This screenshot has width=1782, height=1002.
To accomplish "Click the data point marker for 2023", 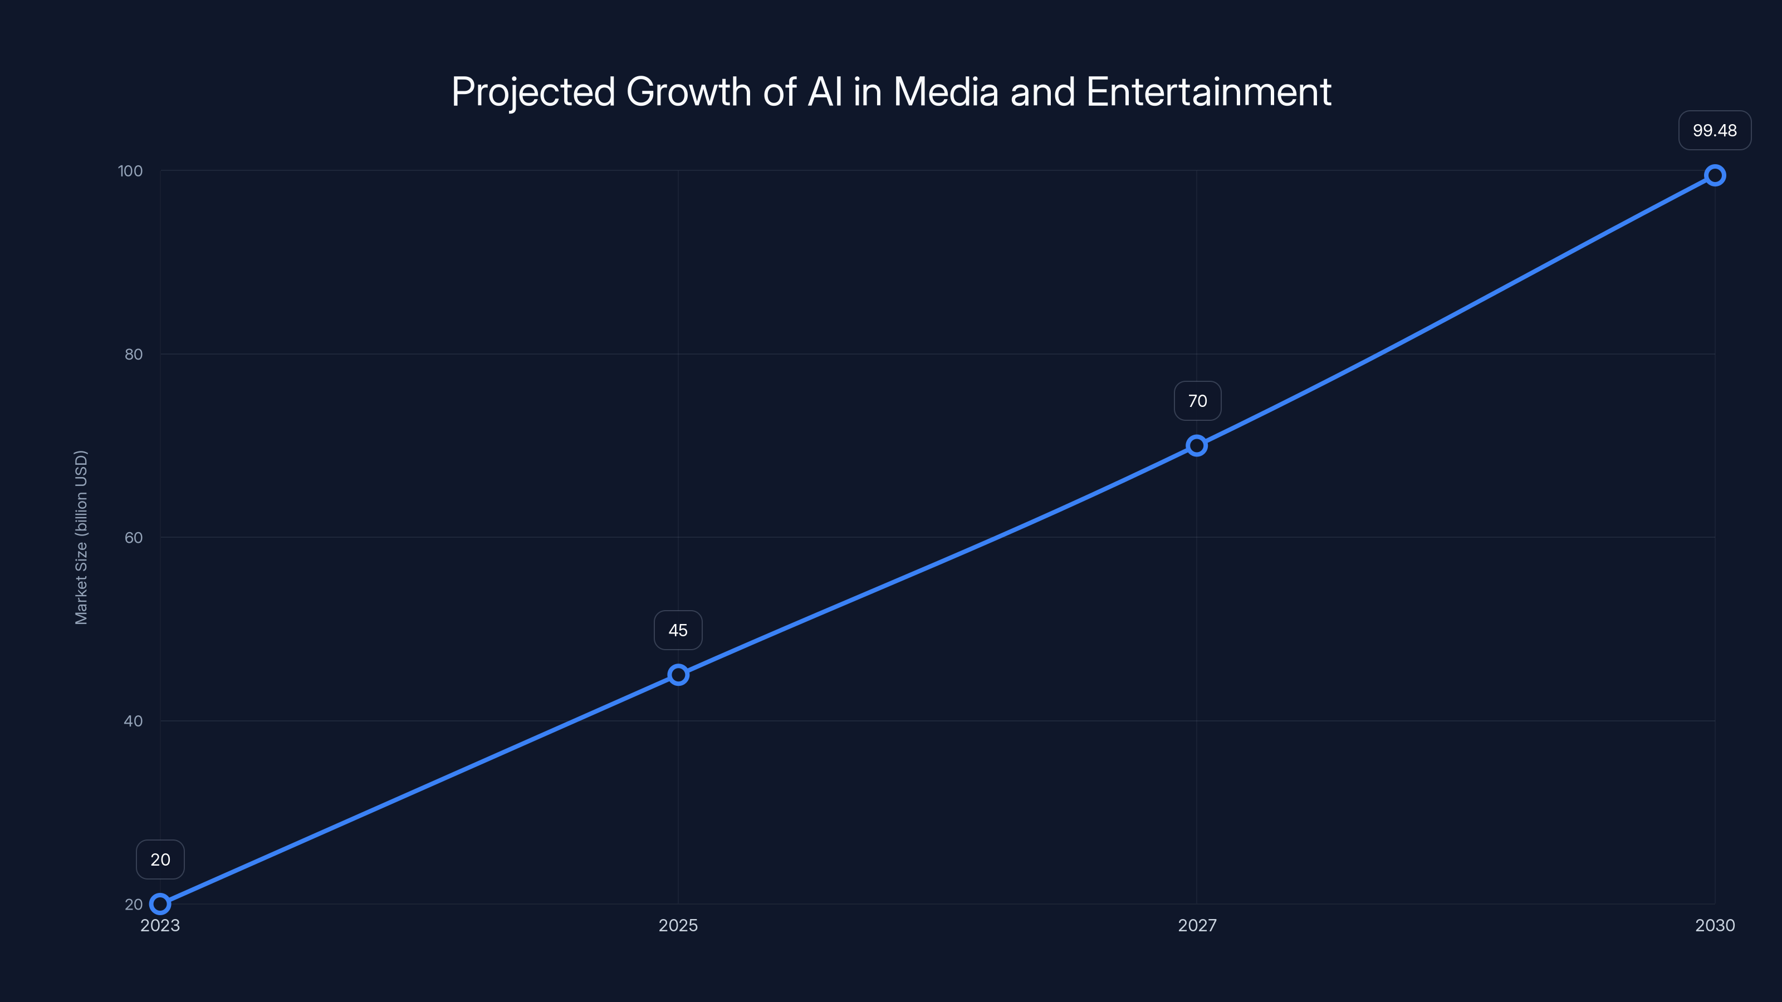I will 160,904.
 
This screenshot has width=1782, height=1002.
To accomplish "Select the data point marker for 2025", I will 678,675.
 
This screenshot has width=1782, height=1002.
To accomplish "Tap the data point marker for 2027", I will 1197,445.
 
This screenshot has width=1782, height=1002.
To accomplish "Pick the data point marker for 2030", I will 1715,176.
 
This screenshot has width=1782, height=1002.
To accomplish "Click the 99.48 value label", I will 1715,131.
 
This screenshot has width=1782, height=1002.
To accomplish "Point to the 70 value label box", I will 1197,401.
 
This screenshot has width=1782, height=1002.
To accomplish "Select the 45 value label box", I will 678,631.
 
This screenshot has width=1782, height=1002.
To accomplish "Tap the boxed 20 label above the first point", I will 160,859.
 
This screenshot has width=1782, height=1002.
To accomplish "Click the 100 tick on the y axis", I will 131,171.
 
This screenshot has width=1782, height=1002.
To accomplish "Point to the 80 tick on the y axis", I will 134,354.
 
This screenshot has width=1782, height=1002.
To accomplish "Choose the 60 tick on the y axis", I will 134,537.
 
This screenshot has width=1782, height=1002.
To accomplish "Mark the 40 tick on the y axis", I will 134,720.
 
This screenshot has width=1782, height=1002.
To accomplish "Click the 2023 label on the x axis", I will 160,925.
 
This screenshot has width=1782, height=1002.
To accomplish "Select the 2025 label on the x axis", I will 678,925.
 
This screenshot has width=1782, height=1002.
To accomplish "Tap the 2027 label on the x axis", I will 1197,925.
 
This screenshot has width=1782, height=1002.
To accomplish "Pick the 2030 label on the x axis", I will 1715,925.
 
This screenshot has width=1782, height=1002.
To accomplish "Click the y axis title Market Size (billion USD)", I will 81,537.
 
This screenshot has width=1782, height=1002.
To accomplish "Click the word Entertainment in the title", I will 1208,92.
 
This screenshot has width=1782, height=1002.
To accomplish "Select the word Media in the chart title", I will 946,92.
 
